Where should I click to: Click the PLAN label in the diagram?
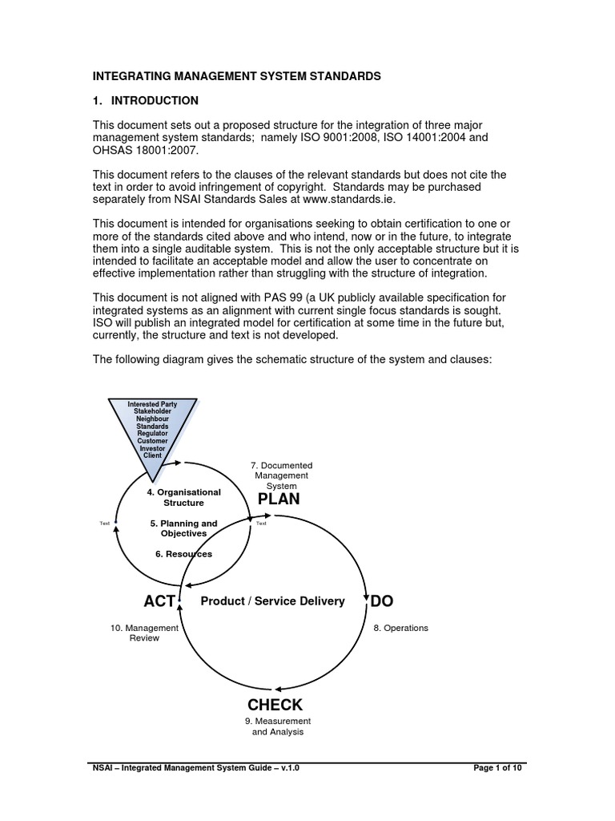[x=278, y=499]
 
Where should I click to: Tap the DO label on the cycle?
[x=381, y=601]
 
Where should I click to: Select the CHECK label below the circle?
[x=275, y=705]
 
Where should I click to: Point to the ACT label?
[x=159, y=601]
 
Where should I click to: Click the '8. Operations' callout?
[x=400, y=628]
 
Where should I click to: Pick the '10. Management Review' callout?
[x=144, y=633]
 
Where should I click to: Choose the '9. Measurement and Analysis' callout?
[x=277, y=726]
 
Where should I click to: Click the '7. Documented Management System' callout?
[x=281, y=475]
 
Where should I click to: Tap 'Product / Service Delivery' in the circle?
[x=272, y=601]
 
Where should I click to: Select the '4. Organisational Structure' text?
[x=183, y=497]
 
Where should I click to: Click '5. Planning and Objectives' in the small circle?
[x=183, y=528]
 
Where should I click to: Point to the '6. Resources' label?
[x=183, y=554]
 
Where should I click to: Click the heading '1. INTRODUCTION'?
[x=145, y=101]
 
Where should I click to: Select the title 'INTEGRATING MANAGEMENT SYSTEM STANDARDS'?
[x=237, y=76]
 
